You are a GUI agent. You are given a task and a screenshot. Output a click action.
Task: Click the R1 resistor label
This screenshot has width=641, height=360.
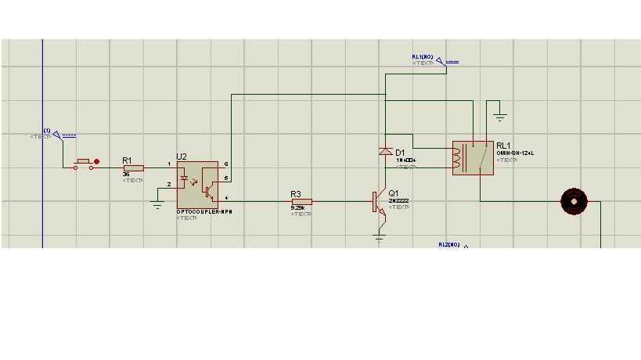point(127,160)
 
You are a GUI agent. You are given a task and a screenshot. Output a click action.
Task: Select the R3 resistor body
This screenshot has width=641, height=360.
point(301,201)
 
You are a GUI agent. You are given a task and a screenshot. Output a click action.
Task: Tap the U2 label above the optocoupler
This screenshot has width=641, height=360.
point(182,157)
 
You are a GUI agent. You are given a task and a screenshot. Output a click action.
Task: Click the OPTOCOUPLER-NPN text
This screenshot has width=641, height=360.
point(204,212)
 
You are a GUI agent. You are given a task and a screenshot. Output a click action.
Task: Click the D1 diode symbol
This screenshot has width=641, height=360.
point(384,151)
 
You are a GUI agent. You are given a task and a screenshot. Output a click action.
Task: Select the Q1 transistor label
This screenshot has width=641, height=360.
point(394,193)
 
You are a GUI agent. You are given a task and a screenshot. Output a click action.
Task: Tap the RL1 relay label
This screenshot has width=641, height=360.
point(502,146)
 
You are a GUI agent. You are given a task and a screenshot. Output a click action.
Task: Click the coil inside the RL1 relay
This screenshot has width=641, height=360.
point(458,157)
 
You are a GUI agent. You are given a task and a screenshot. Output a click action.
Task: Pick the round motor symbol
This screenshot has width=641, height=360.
point(574,201)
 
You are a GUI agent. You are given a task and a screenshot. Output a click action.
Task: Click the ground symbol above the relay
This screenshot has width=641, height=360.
point(500,117)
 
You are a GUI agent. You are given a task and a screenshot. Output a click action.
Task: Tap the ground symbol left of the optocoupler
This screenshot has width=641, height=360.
point(157,206)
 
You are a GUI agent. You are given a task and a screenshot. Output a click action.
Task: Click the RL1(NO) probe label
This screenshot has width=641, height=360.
point(423,57)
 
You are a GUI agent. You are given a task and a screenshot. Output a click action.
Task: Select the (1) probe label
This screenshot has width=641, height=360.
point(47,130)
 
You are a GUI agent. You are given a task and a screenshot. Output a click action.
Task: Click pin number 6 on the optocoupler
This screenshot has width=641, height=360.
point(226,164)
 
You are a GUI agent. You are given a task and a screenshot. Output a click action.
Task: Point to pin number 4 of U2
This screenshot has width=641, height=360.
point(226,198)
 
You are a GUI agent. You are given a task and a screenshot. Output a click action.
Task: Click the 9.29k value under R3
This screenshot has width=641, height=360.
point(297,208)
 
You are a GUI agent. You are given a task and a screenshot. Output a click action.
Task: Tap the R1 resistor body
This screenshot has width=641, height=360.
point(133,167)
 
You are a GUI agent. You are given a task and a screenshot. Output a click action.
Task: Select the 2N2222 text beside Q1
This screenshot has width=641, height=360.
point(398,201)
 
